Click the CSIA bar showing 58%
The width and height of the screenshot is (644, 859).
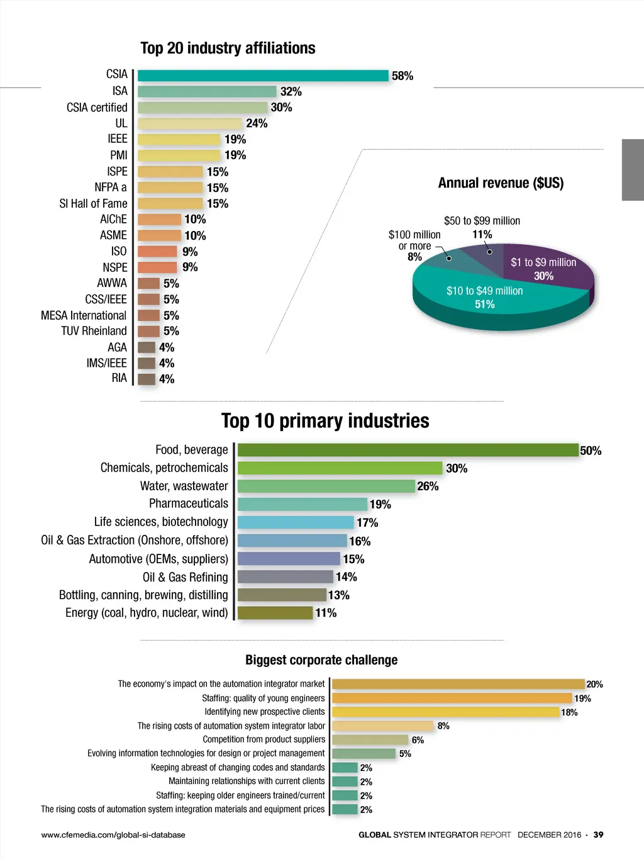pos(263,76)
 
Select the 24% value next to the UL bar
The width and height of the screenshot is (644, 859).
pos(257,123)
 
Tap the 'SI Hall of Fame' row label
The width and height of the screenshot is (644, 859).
pos(93,203)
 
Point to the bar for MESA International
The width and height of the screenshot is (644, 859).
pos(148,315)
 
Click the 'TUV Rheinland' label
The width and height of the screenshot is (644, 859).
pos(94,331)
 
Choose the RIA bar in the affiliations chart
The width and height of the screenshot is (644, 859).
pos(146,379)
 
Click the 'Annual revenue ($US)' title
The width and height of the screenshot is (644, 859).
pos(501,183)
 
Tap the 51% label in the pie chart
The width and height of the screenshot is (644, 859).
pos(484,305)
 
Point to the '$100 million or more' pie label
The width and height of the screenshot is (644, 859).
pos(414,240)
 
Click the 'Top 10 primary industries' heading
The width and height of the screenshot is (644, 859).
pos(325,420)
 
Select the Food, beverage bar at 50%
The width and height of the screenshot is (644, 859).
pos(408,450)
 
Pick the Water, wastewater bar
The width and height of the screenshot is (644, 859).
pos(326,486)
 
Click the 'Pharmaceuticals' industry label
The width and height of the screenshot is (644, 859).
pos(189,503)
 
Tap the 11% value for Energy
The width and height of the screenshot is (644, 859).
pos(326,613)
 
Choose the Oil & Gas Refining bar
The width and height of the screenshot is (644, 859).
pos(285,577)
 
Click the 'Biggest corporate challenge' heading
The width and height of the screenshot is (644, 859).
pos(321,660)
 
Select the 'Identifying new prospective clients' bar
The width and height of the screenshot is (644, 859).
pos(445,712)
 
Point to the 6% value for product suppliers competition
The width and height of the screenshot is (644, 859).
pos(418,740)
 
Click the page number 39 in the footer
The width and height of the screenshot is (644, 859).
pos(598,834)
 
